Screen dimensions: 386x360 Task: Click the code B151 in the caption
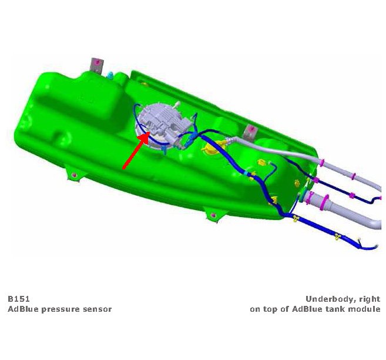(19, 299)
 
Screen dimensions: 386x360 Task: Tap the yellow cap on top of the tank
(211, 147)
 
